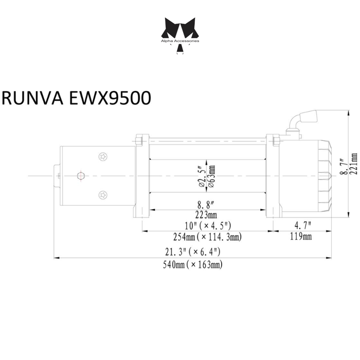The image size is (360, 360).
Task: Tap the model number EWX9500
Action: click(x=109, y=98)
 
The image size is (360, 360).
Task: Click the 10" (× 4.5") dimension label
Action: click(x=208, y=226)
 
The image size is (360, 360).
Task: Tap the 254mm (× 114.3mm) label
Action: click(x=208, y=237)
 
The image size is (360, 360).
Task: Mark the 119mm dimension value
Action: click(x=301, y=237)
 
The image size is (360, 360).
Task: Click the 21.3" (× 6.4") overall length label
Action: click(x=193, y=252)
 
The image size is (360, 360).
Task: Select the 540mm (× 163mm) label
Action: click(x=193, y=264)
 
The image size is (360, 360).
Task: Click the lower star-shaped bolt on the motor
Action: click(x=102, y=194)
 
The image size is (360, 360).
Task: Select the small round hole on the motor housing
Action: click(x=80, y=175)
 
